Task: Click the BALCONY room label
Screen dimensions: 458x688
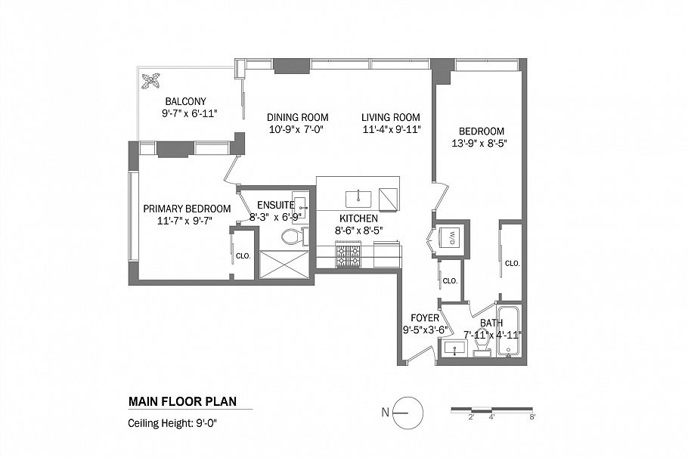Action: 185,101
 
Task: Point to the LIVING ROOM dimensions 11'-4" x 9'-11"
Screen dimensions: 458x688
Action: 390,129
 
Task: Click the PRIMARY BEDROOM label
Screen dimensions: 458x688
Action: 187,209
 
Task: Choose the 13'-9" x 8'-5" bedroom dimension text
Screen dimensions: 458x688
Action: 478,143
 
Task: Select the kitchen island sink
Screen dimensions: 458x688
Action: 358,199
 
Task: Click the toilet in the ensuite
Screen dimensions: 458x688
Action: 291,237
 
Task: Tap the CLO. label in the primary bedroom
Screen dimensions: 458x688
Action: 243,255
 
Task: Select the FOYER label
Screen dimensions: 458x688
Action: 425,318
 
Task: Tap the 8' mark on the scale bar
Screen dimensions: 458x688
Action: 532,416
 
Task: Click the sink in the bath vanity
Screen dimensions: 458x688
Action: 453,348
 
